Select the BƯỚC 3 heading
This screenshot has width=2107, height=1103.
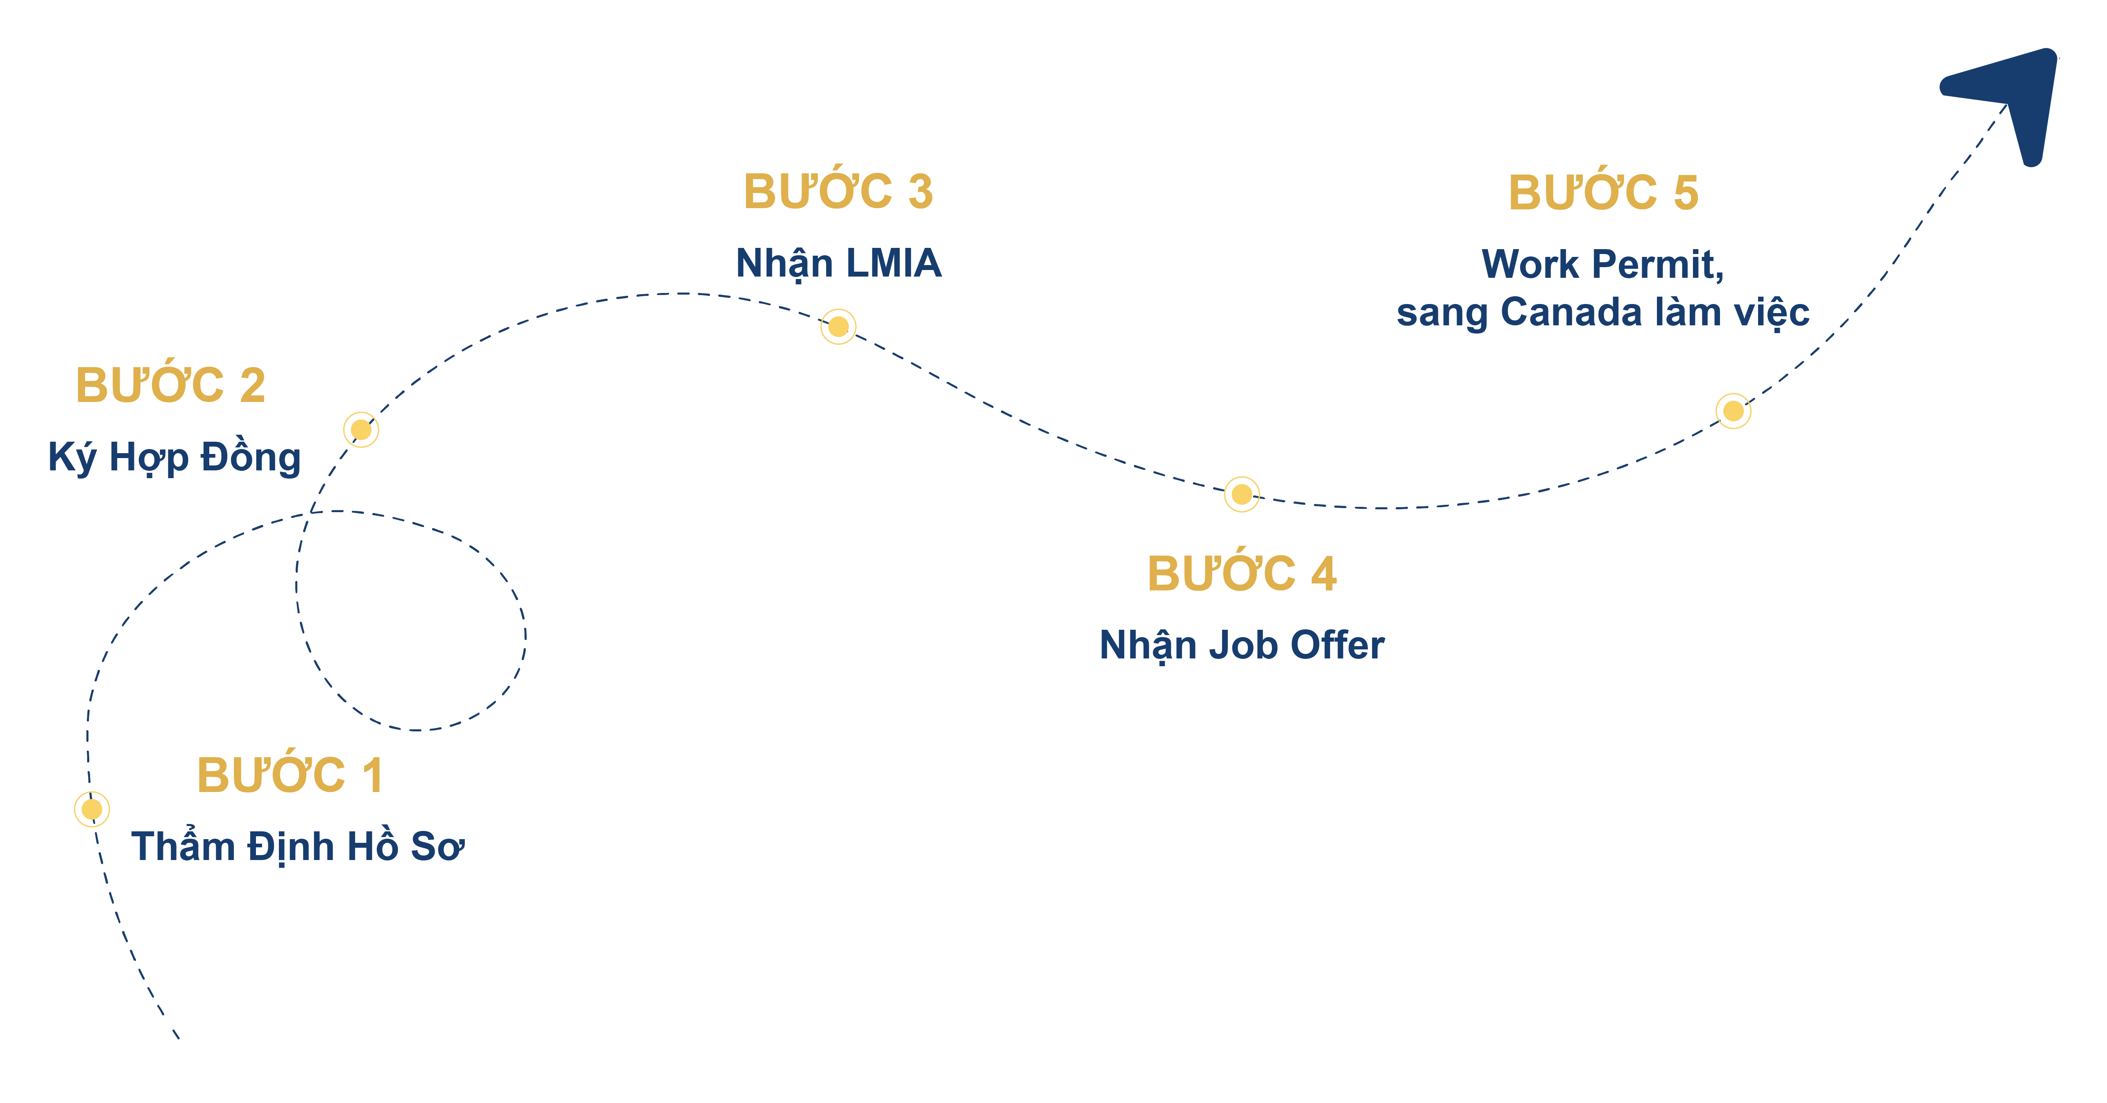837,191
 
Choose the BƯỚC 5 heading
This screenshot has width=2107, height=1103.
1603,193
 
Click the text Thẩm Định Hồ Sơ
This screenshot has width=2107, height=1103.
298,846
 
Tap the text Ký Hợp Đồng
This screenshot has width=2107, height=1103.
174,456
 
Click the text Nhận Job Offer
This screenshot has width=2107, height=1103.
1242,645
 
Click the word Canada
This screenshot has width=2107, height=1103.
1571,312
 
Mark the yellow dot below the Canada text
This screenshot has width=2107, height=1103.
1733,411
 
